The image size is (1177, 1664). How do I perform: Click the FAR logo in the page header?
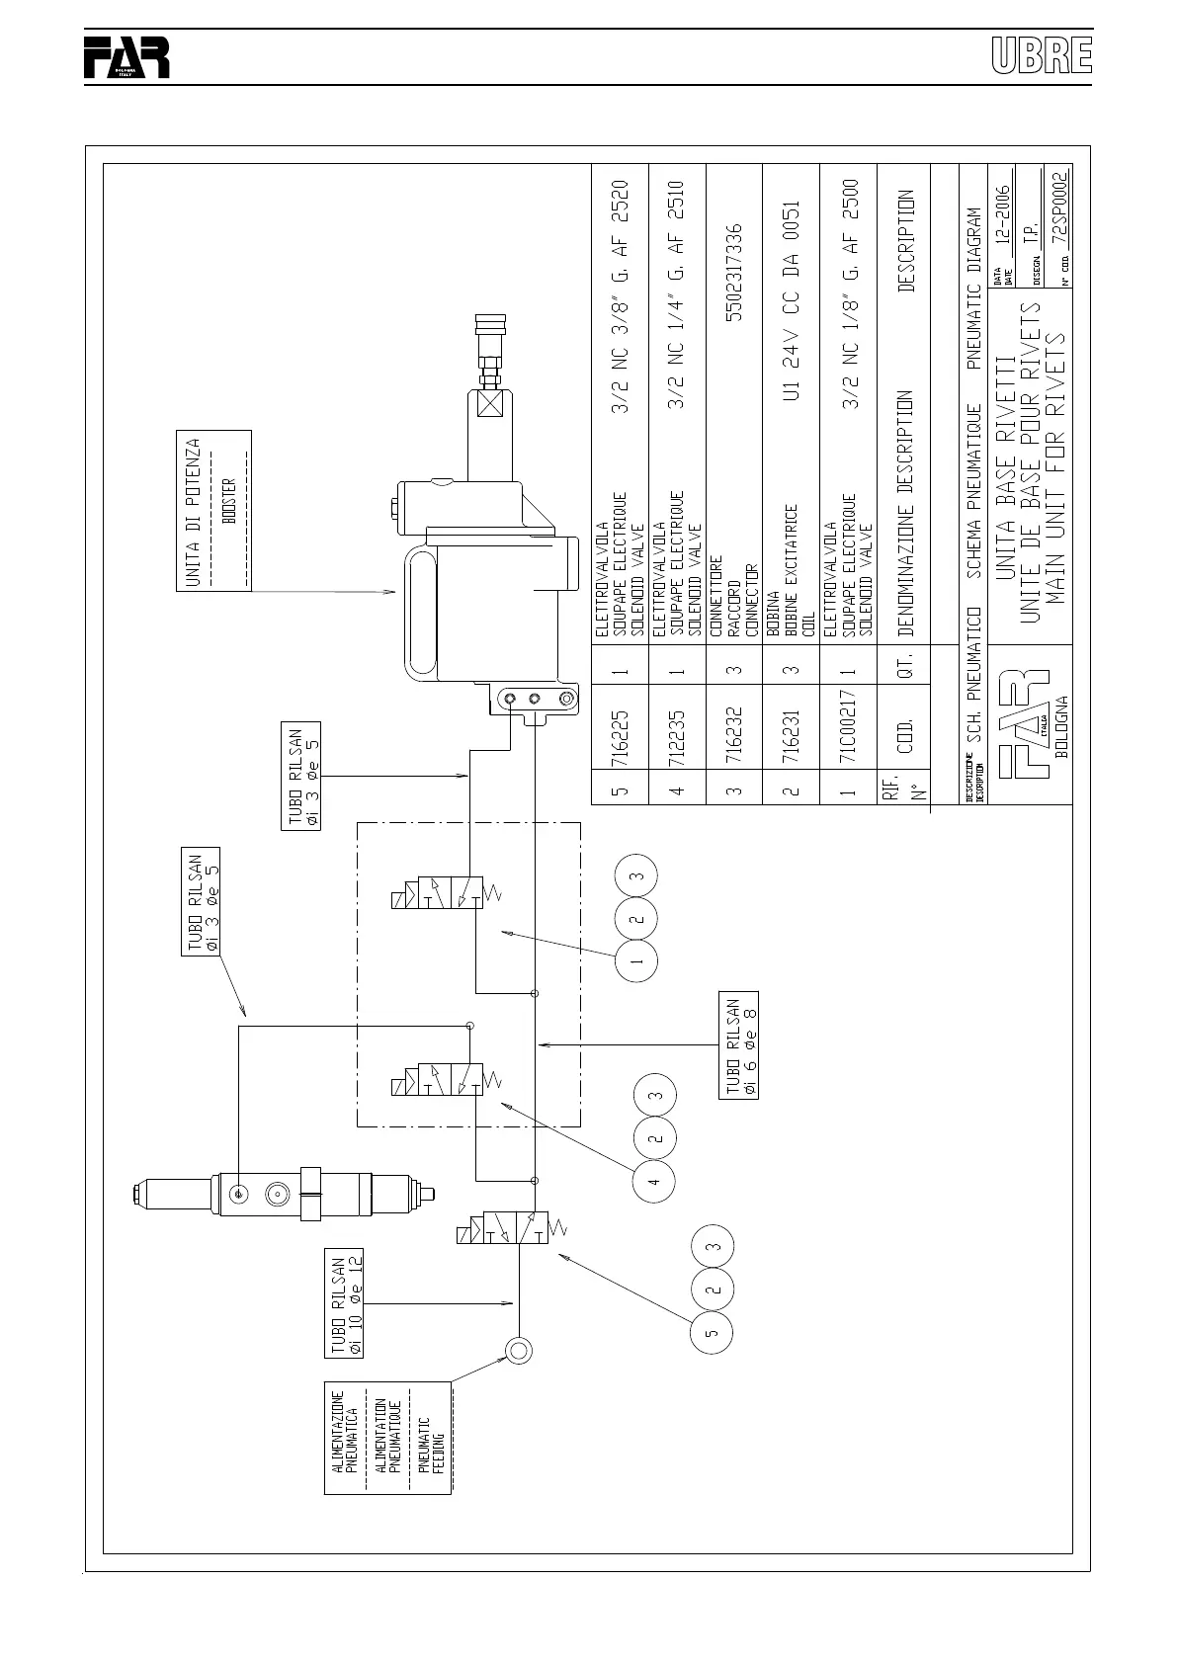[x=126, y=58]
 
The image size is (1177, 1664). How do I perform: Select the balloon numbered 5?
[x=712, y=1331]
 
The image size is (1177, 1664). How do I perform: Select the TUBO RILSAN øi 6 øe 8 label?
[x=740, y=1045]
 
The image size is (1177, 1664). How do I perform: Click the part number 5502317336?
[x=733, y=273]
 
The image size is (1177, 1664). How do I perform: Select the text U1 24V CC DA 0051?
[x=791, y=300]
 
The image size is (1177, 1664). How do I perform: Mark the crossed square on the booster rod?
[x=489, y=404]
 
